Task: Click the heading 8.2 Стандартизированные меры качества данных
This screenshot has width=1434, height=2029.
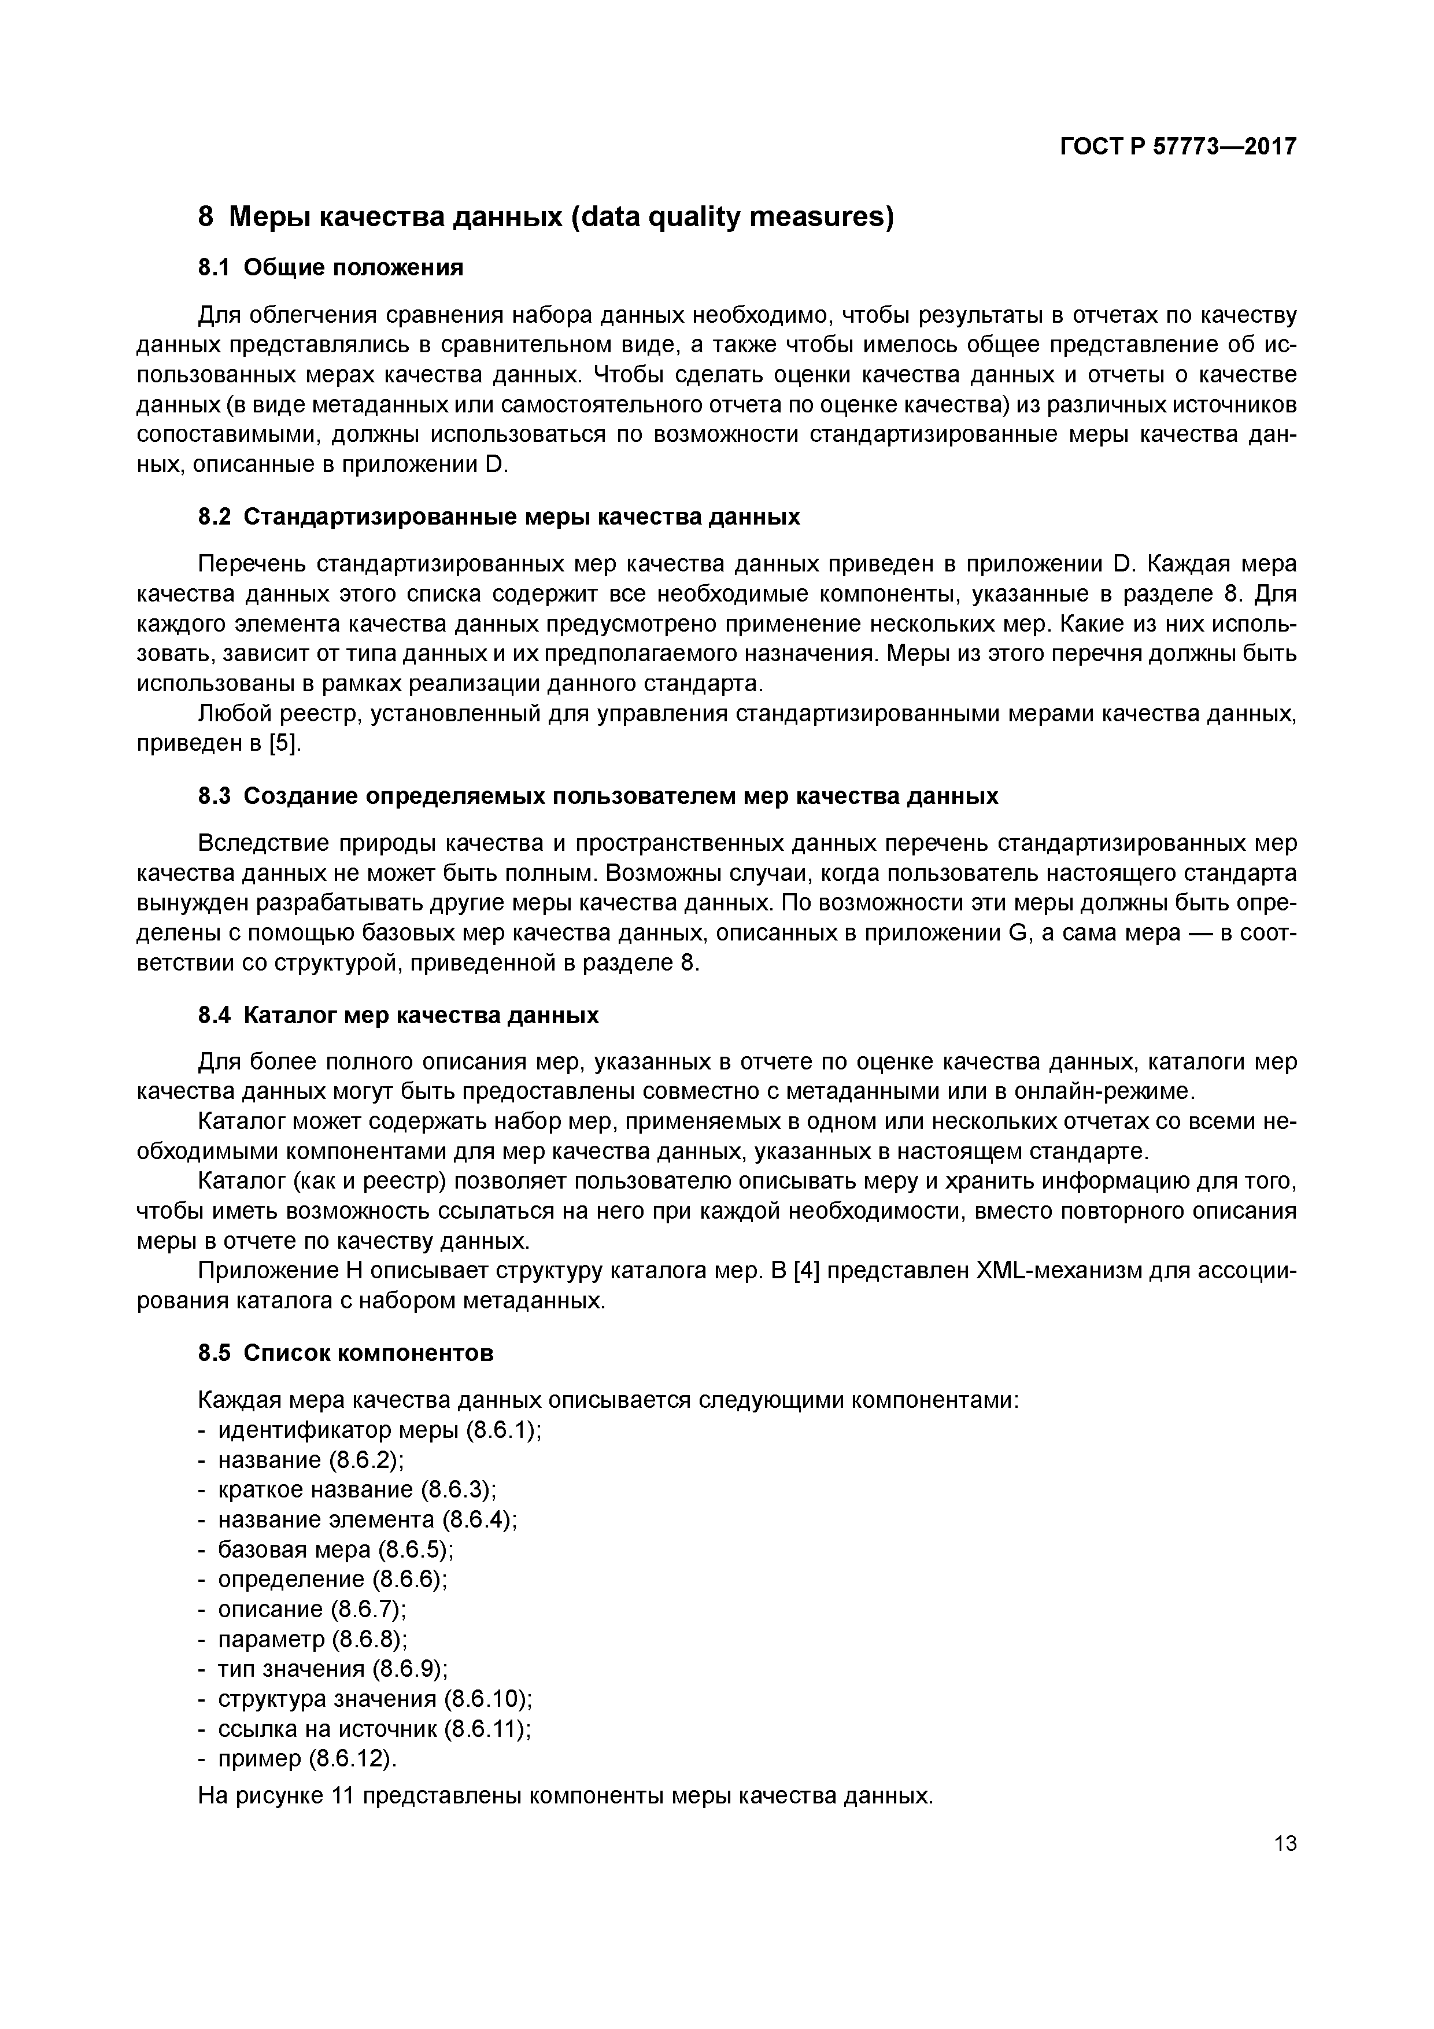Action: (x=498, y=517)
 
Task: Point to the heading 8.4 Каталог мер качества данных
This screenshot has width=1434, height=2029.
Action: (x=398, y=1016)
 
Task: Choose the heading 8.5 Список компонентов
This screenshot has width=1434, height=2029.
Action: (x=345, y=1353)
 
